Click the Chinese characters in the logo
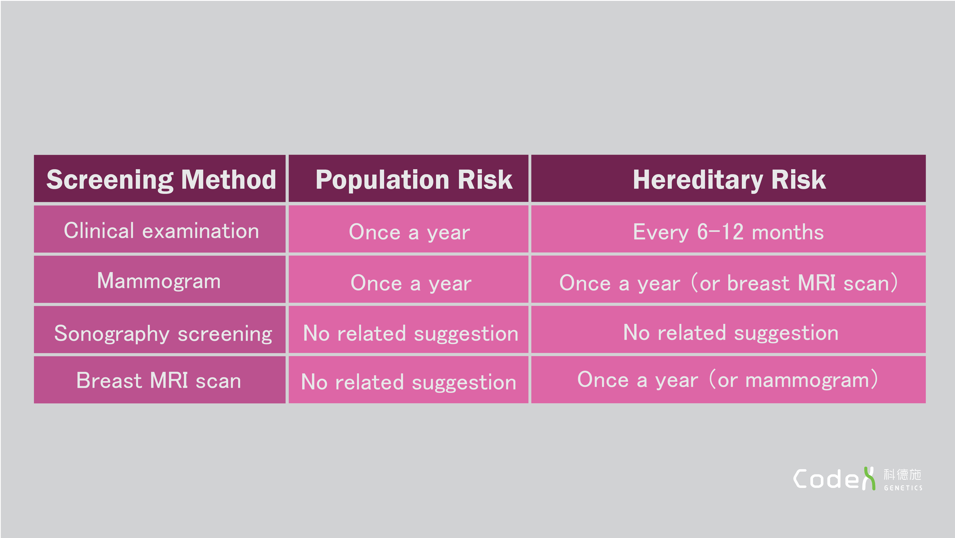(x=902, y=474)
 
